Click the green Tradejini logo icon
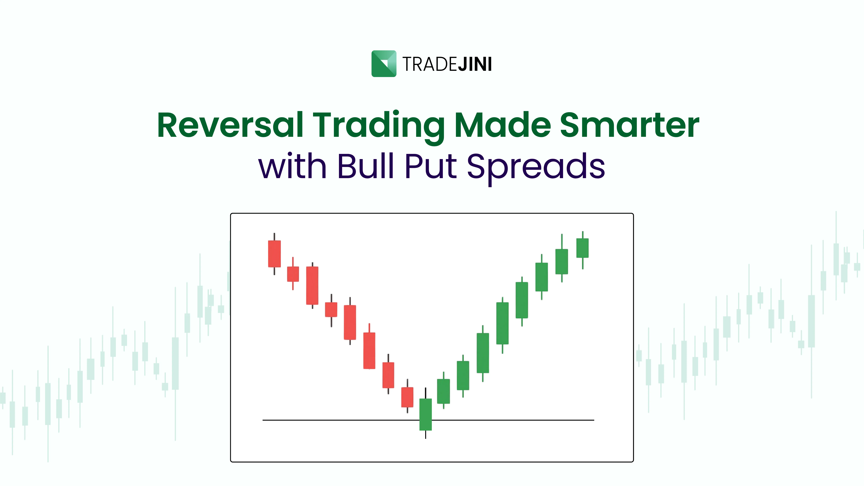click(x=384, y=64)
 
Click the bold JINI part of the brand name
click(x=475, y=64)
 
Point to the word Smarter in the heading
click(x=629, y=125)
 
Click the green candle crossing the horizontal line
click(x=426, y=414)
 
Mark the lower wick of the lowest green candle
click(x=426, y=435)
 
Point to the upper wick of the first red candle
click(x=274, y=236)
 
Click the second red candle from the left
click(x=293, y=274)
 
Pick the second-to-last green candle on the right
click(x=562, y=262)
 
